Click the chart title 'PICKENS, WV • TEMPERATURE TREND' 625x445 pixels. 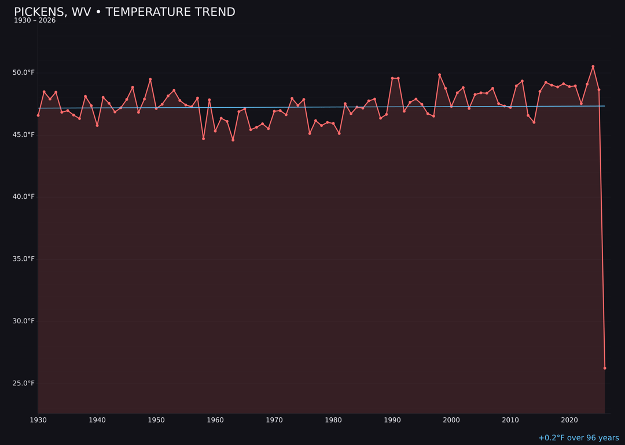coord(124,12)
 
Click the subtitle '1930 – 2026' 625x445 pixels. coord(35,21)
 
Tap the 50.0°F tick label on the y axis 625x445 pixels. coord(24,72)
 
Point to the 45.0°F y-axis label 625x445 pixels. coord(24,134)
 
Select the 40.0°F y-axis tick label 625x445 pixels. coord(24,196)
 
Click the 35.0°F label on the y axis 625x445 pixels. coord(24,258)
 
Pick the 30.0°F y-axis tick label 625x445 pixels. coord(24,321)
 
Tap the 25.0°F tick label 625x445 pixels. coord(24,383)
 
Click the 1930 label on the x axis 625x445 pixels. coord(38,420)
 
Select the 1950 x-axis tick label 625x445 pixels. coord(156,420)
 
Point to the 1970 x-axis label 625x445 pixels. coord(274,420)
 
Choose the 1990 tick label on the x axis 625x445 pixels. coord(392,420)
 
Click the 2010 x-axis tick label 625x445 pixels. coord(510,420)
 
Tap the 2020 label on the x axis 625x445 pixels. coord(569,420)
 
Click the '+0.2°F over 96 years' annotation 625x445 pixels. coord(578,438)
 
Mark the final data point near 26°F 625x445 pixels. coord(605,368)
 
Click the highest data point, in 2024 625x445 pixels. coord(593,67)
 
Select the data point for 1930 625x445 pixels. coord(38,115)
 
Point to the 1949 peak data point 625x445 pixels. coord(150,79)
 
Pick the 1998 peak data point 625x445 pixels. coord(439,75)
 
